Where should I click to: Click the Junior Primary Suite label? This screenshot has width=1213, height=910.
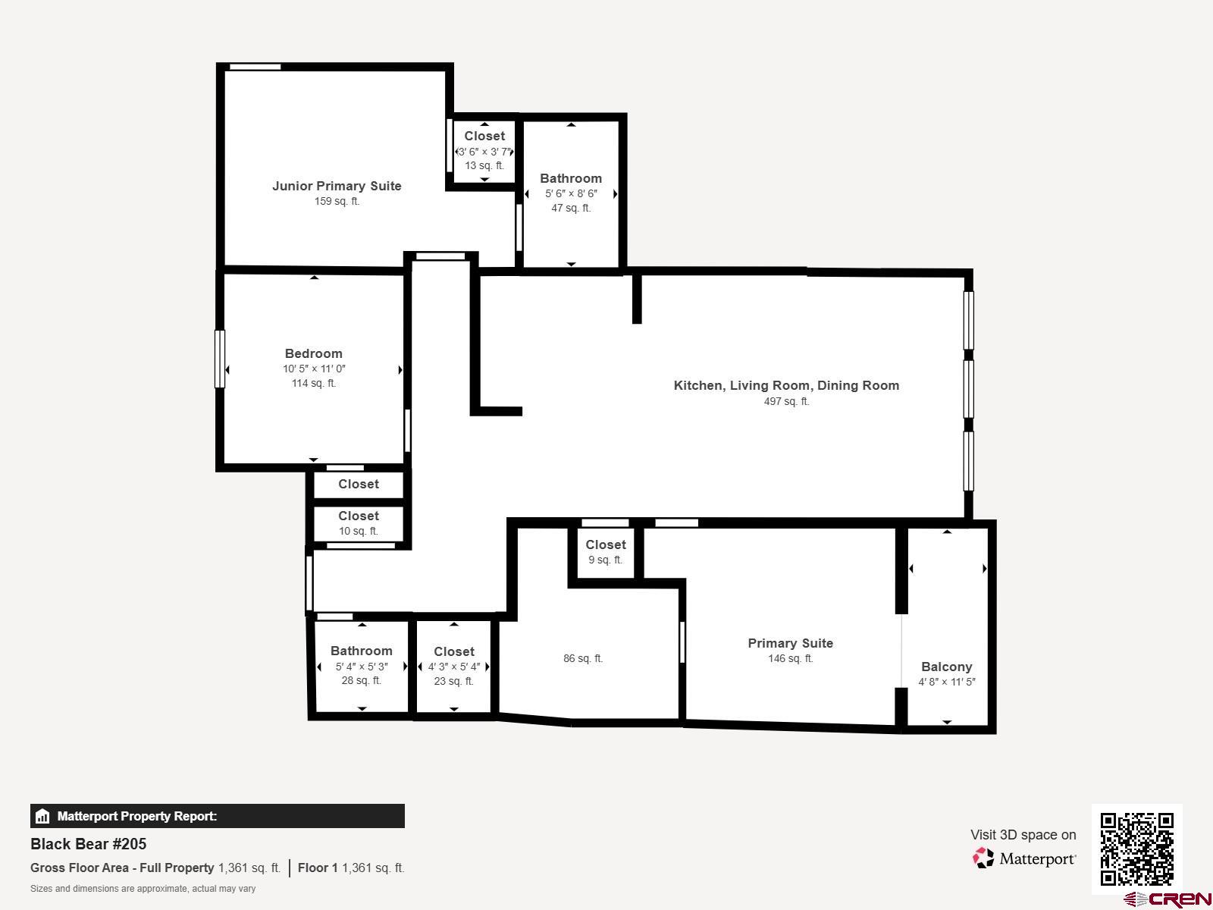pyautogui.click(x=337, y=186)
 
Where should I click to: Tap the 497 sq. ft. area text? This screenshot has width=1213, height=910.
pyautogui.click(x=786, y=401)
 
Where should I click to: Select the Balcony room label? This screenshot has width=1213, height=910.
pyautogui.click(x=946, y=667)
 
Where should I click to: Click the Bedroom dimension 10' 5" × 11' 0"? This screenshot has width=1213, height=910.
pyautogui.click(x=314, y=369)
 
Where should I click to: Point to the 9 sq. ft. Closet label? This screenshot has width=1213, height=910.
pyautogui.click(x=605, y=544)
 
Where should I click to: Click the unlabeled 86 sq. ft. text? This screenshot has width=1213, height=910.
pyautogui.click(x=583, y=658)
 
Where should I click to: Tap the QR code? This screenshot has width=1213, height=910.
pyautogui.click(x=1136, y=849)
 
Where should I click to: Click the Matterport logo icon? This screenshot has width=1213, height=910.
pyautogui.click(x=983, y=858)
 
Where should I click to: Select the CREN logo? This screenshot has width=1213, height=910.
pyautogui.click(x=1168, y=899)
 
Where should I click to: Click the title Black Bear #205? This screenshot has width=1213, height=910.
pyautogui.click(x=89, y=844)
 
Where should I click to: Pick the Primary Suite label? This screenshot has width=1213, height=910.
pyautogui.click(x=790, y=643)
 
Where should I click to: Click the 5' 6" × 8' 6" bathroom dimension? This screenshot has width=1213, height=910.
pyautogui.click(x=571, y=193)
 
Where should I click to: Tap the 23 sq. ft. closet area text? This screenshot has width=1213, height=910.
pyautogui.click(x=453, y=681)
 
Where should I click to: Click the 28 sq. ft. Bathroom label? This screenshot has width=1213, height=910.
pyautogui.click(x=361, y=651)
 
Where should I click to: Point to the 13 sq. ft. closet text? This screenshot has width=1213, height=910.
pyautogui.click(x=484, y=165)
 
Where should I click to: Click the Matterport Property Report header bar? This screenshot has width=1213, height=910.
pyautogui.click(x=217, y=816)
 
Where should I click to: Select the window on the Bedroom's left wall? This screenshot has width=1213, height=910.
pyautogui.click(x=220, y=359)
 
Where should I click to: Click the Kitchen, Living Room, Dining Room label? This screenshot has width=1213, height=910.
pyautogui.click(x=786, y=385)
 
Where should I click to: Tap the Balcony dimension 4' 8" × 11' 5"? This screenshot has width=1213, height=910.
pyautogui.click(x=946, y=682)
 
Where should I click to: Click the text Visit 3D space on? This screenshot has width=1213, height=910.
pyautogui.click(x=1023, y=835)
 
